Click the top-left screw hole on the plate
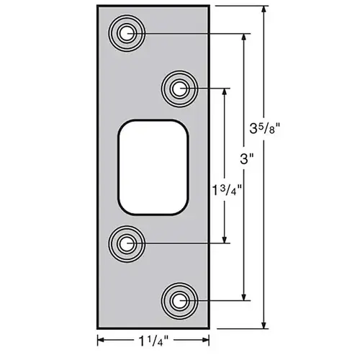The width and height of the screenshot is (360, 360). [127, 33]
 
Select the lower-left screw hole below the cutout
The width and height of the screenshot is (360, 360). [127, 243]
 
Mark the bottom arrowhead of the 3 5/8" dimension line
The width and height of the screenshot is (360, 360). [264, 323]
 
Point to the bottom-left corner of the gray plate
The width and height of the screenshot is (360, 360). [97, 328]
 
